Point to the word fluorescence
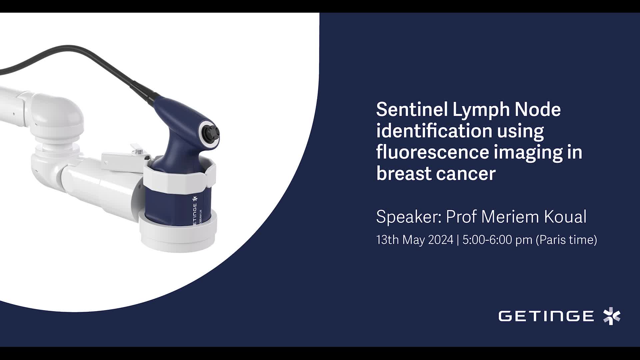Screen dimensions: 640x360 click(x=432, y=152)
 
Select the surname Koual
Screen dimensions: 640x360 click(x=565, y=217)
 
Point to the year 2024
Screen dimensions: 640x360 click(x=441, y=240)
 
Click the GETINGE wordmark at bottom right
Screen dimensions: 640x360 click(x=546, y=316)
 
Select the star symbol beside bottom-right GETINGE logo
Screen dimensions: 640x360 click(x=612, y=316)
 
